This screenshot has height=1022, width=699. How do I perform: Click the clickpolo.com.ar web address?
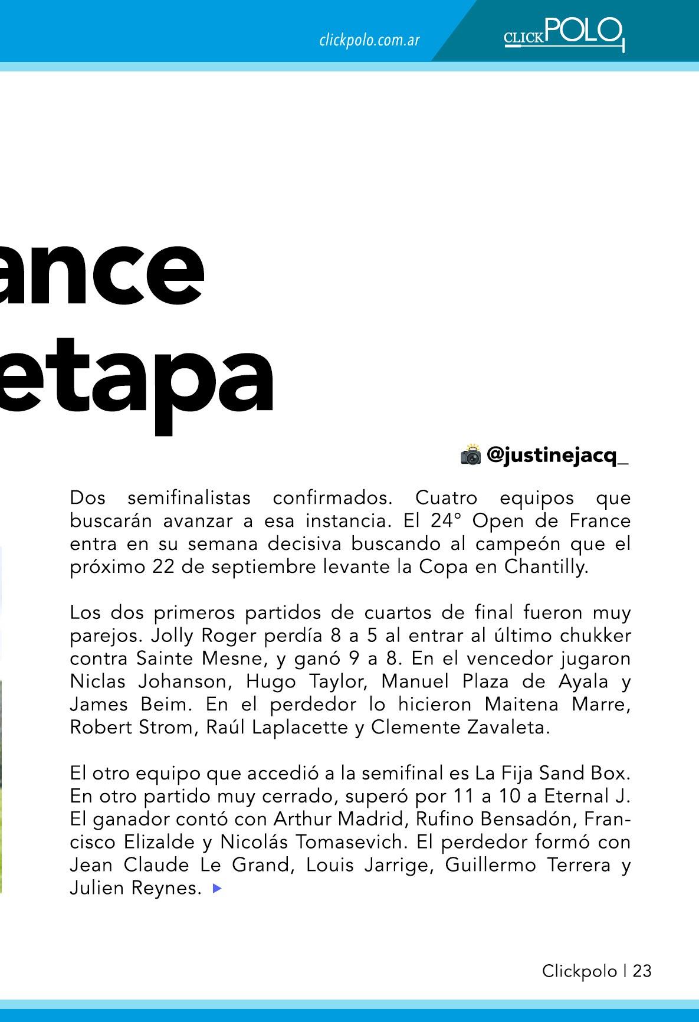tap(369, 40)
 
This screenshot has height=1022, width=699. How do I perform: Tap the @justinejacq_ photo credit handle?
tap(557, 455)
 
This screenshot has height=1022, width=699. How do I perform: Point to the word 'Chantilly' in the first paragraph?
tap(546, 566)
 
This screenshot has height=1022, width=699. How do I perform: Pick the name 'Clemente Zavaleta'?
tap(460, 727)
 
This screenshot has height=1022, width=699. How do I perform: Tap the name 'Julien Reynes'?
tap(136, 887)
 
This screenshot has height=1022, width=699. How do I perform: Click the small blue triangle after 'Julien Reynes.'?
tap(217, 887)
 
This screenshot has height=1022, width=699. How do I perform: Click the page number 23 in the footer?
tap(642, 971)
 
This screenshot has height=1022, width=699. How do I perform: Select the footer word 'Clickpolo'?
tap(579, 971)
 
